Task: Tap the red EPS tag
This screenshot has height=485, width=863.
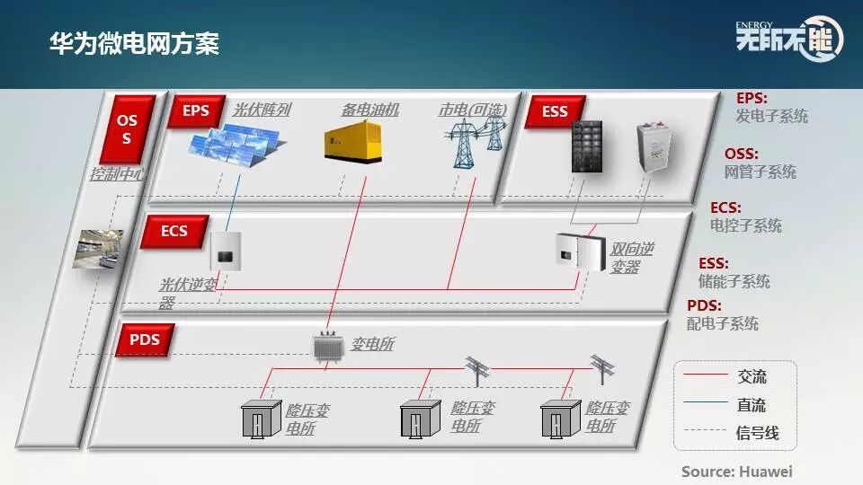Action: pos(195,111)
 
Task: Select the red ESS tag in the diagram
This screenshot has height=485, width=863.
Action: pos(555,112)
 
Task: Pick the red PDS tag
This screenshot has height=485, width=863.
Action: pos(145,340)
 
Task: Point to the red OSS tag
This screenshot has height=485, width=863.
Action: pos(127,130)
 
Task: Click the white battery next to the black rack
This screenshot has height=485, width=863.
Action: pos(654,146)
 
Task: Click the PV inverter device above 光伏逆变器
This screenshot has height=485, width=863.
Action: pos(224,251)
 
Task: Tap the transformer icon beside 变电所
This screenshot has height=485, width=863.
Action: pos(327,346)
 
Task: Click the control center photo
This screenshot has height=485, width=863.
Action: pos(96,250)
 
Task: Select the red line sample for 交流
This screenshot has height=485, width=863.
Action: pos(704,376)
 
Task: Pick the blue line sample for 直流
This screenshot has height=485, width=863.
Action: pos(704,405)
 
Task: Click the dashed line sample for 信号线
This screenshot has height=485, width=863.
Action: pos(704,433)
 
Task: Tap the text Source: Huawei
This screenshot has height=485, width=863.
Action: pos(736,471)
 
